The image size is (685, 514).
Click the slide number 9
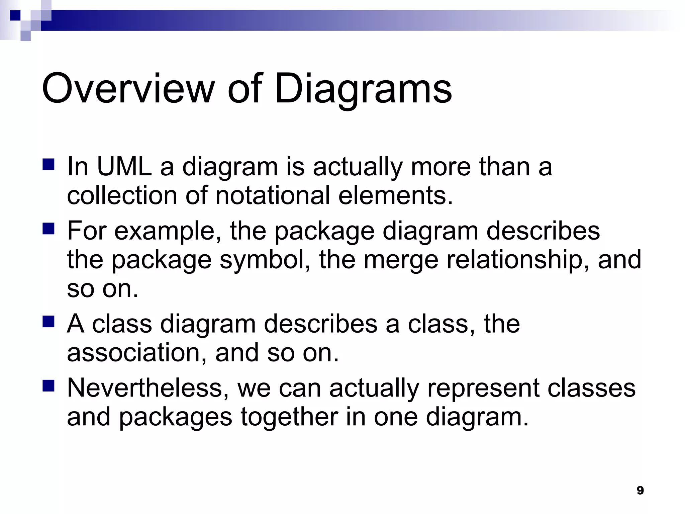pos(640,491)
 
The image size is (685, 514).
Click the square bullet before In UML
pos(48,165)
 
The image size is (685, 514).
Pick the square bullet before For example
pos(48,229)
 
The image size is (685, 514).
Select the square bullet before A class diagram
pos(48,322)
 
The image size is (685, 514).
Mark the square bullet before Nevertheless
pos(48,386)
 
